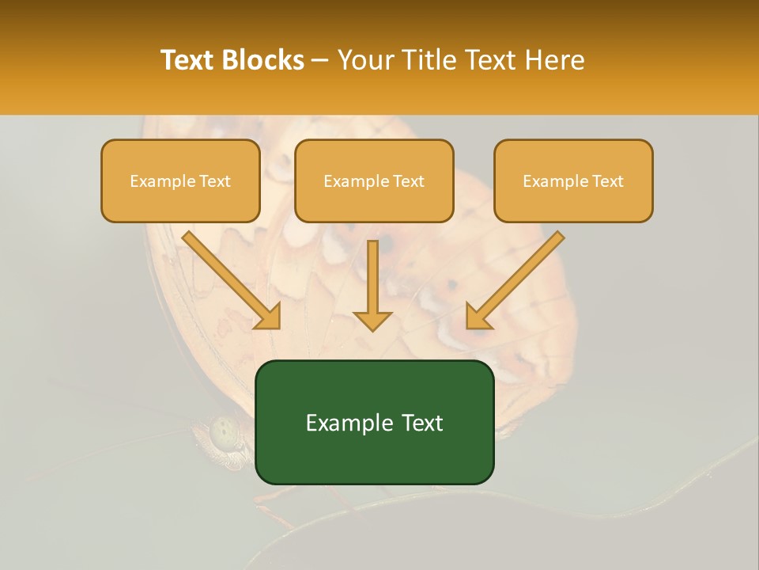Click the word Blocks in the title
tap(262, 60)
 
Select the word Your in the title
tap(364, 60)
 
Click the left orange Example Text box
tap(180, 180)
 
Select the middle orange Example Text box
tap(374, 180)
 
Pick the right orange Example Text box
tap(573, 180)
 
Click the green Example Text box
tap(375, 422)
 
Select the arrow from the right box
tap(515, 280)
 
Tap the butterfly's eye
tap(225, 432)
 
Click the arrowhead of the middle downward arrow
tap(372, 319)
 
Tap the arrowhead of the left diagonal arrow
tap(269, 316)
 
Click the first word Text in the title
tap(188, 60)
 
